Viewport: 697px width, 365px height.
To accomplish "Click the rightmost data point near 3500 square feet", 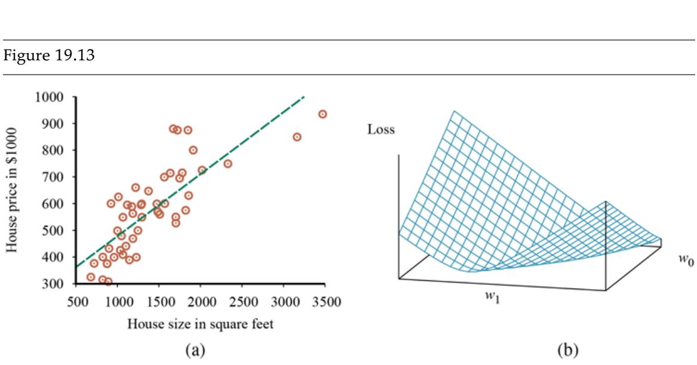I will coord(323,114).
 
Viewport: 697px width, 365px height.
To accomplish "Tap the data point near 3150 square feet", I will coord(297,137).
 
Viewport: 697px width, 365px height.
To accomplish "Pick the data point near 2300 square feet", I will coord(228,164).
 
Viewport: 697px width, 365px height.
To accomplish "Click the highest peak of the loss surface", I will coord(454,112).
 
